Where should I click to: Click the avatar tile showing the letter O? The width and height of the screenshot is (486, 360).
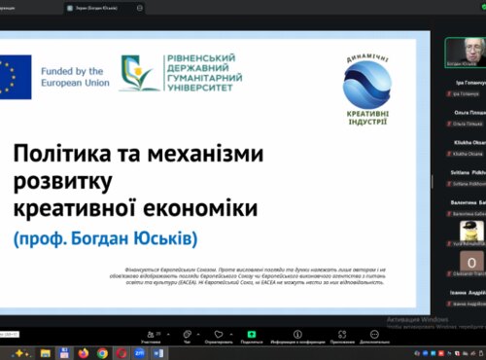[x=471, y=263]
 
